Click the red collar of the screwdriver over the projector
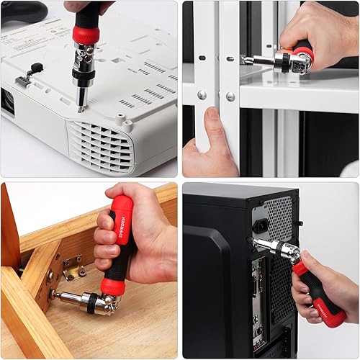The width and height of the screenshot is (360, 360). pos(85,33)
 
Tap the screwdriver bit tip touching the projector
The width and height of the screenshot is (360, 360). pos(81,108)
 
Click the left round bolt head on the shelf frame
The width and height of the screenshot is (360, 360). pos(202,94)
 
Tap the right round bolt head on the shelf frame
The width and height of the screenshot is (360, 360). pos(230,96)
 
